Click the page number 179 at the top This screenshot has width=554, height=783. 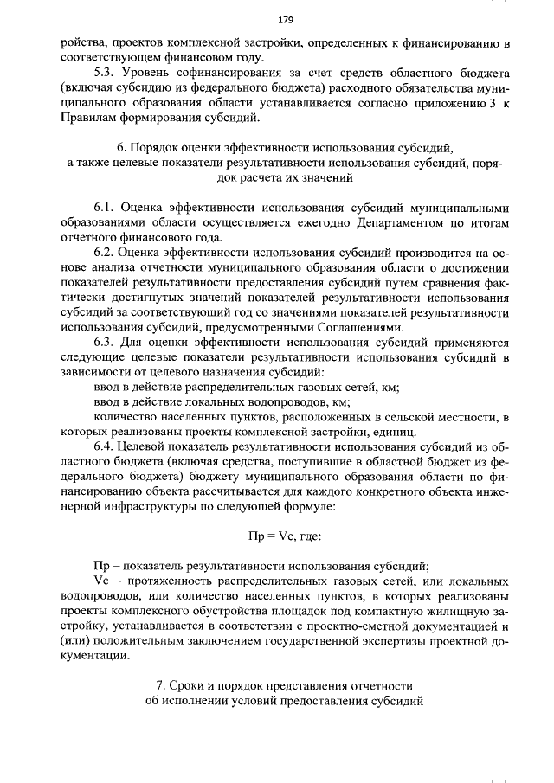(x=283, y=19)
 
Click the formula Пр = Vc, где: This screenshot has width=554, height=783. (x=284, y=536)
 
